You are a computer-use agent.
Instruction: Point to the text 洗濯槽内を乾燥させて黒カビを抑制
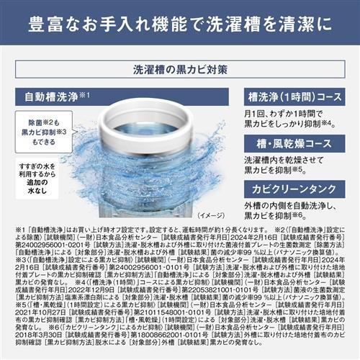tap(285, 164)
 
